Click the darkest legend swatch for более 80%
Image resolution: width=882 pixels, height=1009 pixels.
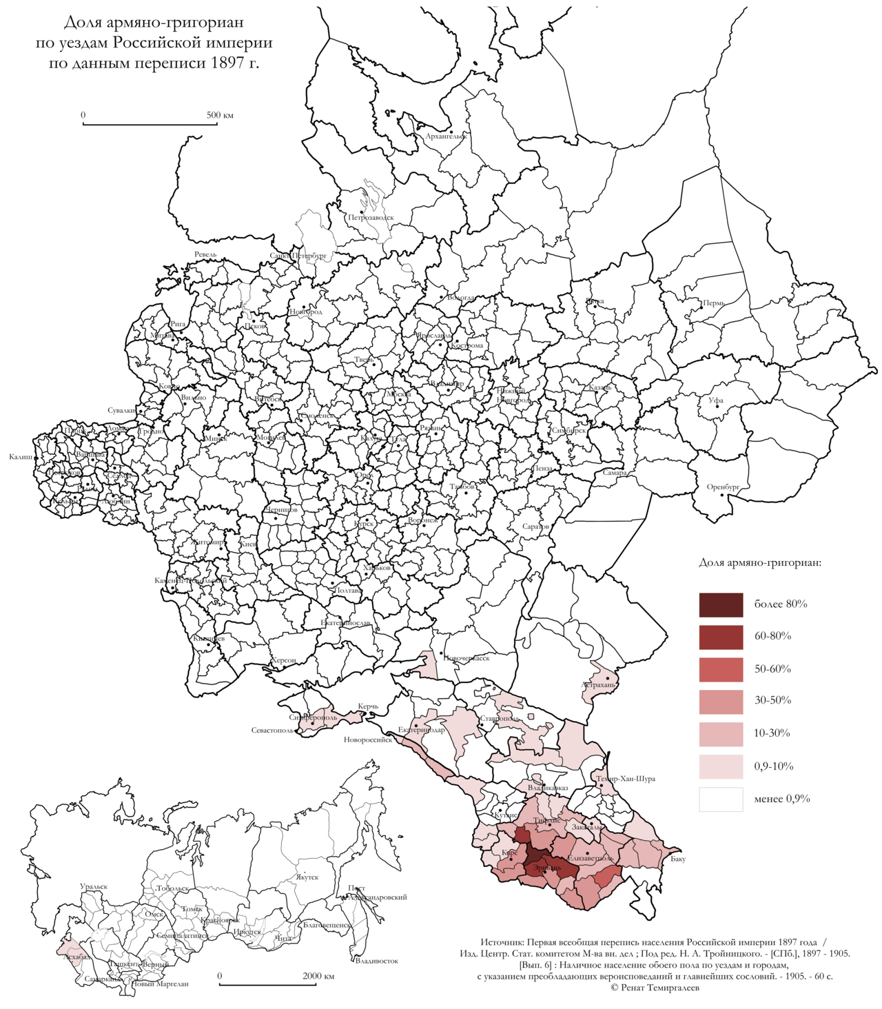pyautogui.click(x=721, y=604)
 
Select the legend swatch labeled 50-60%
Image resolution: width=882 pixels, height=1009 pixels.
pyautogui.click(x=721, y=669)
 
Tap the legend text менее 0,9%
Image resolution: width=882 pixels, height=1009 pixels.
pyautogui.click(x=781, y=799)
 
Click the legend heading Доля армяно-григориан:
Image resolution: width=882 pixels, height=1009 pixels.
pyautogui.click(x=759, y=562)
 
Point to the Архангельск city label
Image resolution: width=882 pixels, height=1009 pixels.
pyautogui.click(x=446, y=136)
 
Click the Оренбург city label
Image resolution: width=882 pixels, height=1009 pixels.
pyautogui.click(x=723, y=487)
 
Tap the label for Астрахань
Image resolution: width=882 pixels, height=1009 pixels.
pyautogui.click(x=598, y=685)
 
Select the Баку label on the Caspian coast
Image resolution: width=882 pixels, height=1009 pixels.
pyautogui.click(x=678, y=859)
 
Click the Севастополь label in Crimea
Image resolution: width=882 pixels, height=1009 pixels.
pyautogui.click(x=272, y=731)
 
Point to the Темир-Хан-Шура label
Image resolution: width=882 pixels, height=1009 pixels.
pyautogui.click(x=626, y=779)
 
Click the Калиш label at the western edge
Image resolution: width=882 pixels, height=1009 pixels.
pyautogui.click(x=19, y=457)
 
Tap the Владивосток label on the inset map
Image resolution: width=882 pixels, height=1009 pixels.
pyautogui.click(x=376, y=961)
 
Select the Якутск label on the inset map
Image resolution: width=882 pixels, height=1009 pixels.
pyautogui.click(x=307, y=877)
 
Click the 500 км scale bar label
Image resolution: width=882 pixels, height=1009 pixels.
pyautogui.click(x=220, y=115)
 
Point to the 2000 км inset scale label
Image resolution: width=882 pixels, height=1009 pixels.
pyautogui.click(x=318, y=976)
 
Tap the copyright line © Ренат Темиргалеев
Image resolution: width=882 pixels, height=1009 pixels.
pyautogui.click(x=654, y=988)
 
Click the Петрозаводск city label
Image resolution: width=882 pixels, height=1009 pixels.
pyautogui.click(x=371, y=218)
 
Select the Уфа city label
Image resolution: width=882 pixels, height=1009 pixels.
pyautogui.click(x=716, y=400)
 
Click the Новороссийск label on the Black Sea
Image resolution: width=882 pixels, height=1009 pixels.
pyautogui.click(x=368, y=740)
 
